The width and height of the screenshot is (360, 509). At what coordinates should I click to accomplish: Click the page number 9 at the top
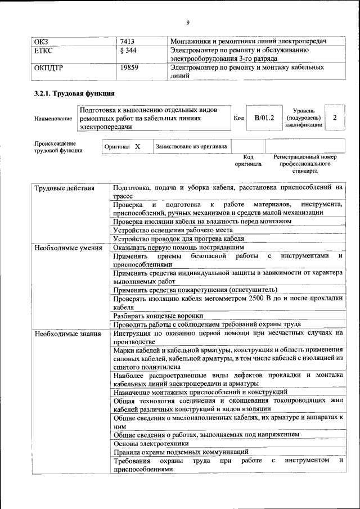tap(188, 22)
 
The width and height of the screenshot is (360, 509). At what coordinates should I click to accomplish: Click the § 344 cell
tap(129, 51)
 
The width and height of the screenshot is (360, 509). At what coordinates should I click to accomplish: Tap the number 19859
tap(130, 67)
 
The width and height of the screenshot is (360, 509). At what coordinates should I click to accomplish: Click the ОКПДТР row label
tap(48, 67)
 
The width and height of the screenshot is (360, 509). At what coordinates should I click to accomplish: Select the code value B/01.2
tap(264, 118)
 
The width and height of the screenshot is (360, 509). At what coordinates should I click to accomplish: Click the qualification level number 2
tap(335, 118)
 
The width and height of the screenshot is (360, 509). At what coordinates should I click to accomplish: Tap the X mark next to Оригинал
tap(137, 147)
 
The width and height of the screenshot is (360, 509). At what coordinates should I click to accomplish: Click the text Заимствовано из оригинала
tap(191, 147)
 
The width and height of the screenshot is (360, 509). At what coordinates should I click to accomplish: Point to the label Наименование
tap(53, 119)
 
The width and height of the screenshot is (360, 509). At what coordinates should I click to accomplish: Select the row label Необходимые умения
tap(67, 247)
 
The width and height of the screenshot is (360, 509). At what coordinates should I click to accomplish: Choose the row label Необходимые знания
tap(67, 334)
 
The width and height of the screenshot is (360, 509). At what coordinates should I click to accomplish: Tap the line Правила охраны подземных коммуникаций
tap(181, 452)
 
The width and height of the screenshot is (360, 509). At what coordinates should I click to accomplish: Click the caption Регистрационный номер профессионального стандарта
tap(305, 163)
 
